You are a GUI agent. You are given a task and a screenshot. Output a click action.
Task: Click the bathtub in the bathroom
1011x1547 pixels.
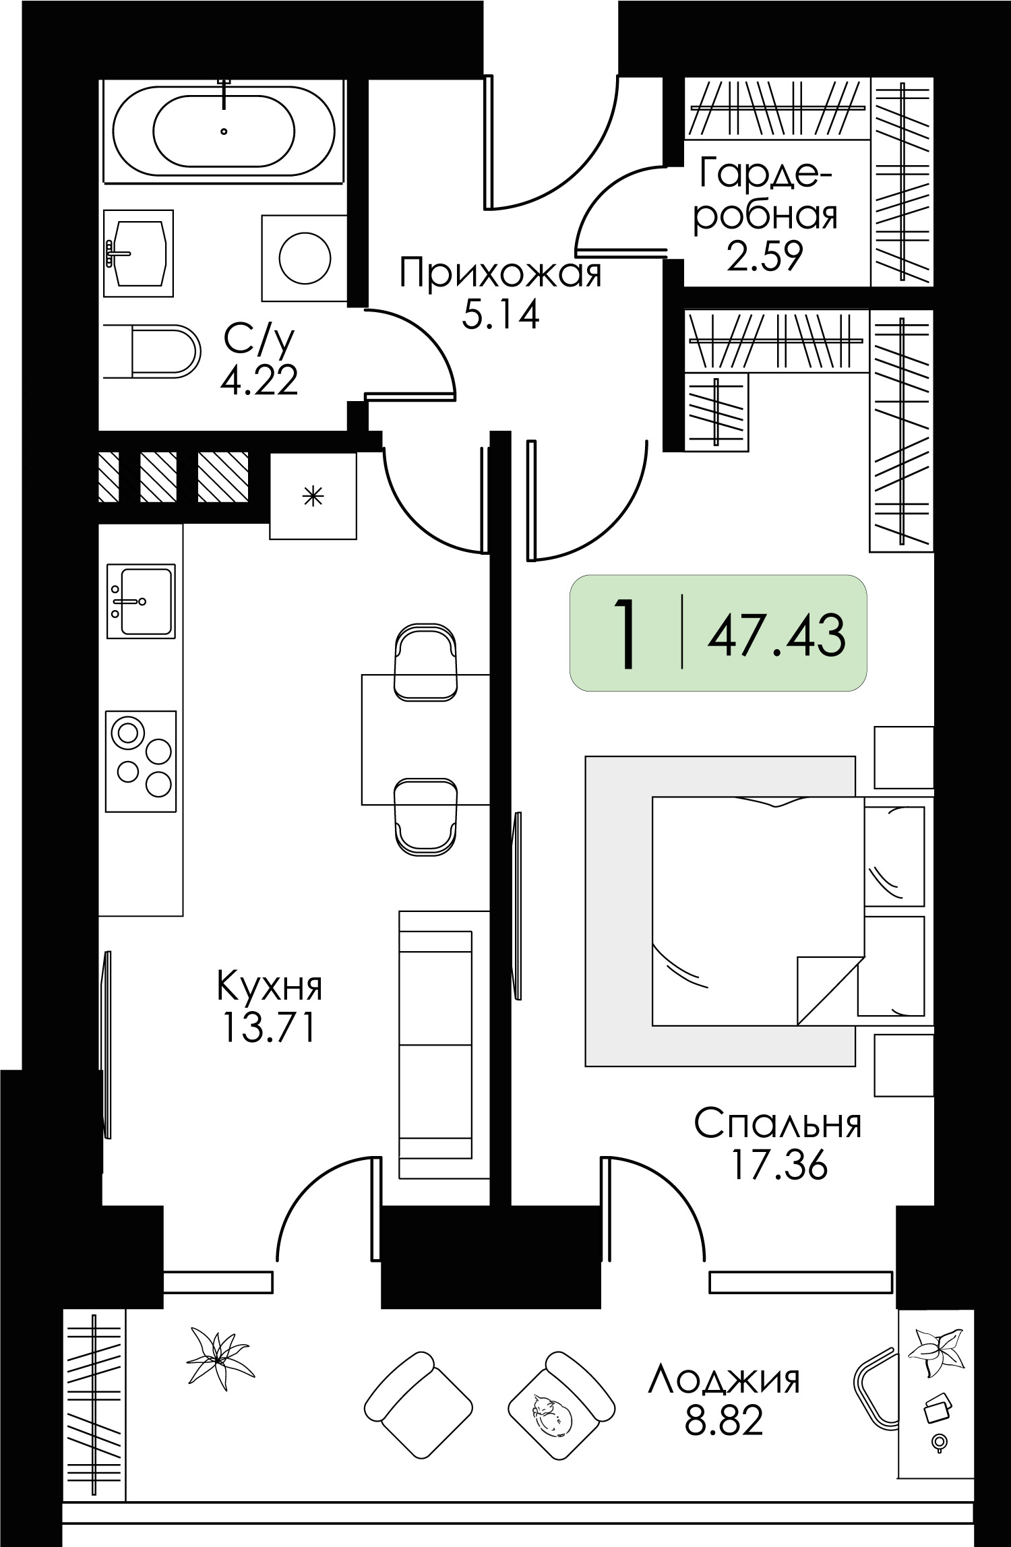(x=224, y=131)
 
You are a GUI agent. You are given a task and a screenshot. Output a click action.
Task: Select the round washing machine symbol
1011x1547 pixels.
(x=305, y=257)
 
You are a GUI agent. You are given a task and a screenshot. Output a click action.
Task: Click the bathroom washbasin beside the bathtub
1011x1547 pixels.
(x=138, y=253)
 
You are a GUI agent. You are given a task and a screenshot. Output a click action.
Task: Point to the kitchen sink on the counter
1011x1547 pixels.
(x=142, y=601)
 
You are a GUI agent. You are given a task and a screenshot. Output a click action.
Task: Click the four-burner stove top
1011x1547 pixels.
(x=142, y=761)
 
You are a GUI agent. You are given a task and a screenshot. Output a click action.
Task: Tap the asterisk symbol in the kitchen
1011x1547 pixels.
(x=313, y=497)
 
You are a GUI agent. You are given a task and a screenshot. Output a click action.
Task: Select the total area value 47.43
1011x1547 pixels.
(x=776, y=636)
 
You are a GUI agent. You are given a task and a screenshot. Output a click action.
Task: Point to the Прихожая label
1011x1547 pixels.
(x=500, y=274)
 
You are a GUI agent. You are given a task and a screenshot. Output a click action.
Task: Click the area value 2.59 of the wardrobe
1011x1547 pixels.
(x=765, y=255)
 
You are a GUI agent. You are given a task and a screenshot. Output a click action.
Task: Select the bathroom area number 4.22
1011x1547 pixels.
(x=259, y=382)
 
